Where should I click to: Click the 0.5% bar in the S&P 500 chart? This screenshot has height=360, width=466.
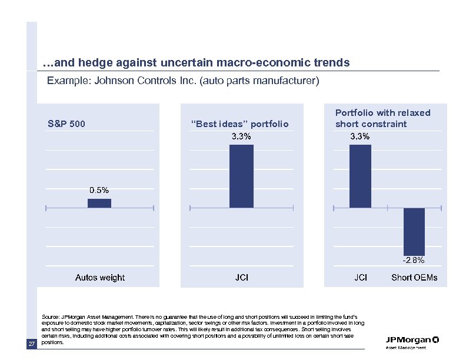(99, 203)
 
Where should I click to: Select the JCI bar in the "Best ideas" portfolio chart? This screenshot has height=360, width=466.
(241, 176)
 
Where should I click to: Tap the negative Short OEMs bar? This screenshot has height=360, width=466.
(414, 231)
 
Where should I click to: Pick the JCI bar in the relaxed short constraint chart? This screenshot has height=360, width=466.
(360, 176)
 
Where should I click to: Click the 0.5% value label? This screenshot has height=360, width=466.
(99, 190)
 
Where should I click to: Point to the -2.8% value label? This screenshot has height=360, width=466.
(414, 260)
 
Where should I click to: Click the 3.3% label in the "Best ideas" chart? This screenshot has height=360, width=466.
(241, 136)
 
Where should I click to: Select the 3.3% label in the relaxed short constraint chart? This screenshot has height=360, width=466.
(360, 136)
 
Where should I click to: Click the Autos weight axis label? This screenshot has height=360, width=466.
(99, 278)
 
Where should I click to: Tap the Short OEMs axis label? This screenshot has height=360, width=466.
(414, 278)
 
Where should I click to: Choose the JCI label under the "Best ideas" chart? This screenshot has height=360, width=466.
(241, 278)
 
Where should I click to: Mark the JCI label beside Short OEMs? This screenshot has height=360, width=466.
(361, 278)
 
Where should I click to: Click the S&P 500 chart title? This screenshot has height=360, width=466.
(66, 124)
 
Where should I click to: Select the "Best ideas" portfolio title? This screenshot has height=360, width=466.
(240, 124)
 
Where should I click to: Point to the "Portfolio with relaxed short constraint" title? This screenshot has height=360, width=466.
(382, 118)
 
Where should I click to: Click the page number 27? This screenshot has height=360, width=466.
(32, 344)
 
